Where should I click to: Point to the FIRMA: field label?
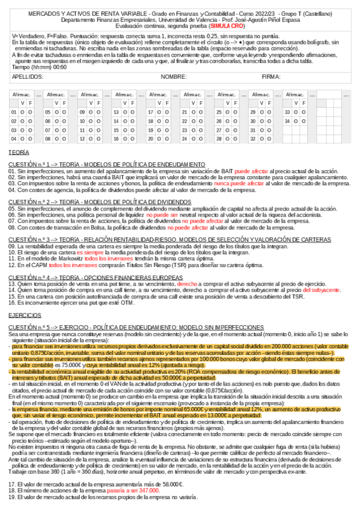point(272,77)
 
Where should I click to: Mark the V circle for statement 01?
point(22,112)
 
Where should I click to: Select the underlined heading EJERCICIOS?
point(25,315)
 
